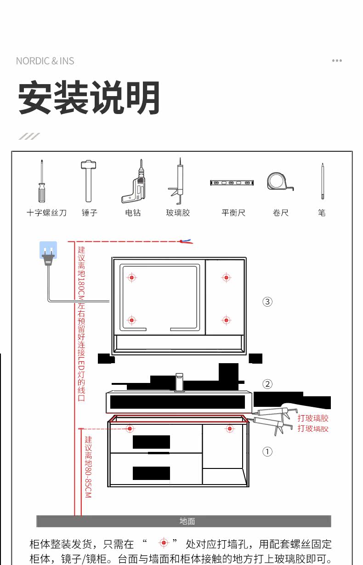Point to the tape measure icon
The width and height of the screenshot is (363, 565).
(x=279, y=182)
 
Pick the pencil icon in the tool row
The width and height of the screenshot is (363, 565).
(x=323, y=182)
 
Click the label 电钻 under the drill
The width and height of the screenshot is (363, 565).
(x=133, y=212)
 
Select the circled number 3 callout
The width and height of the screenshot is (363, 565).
(x=267, y=302)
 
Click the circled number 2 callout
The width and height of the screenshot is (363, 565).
(x=267, y=384)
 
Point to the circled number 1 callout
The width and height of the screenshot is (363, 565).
(x=267, y=451)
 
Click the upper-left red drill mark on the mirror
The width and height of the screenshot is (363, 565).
(x=132, y=277)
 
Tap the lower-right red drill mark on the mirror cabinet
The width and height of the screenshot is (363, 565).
(x=226, y=320)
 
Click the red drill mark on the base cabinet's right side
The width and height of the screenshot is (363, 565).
(x=230, y=428)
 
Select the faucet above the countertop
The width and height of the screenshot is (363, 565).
(x=180, y=383)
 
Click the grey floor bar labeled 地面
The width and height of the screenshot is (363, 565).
(x=184, y=521)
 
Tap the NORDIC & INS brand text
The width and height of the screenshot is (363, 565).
(x=45, y=61)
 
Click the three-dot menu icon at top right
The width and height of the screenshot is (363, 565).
(x=337, y=61)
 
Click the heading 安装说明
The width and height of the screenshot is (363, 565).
(x=89, y=98)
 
